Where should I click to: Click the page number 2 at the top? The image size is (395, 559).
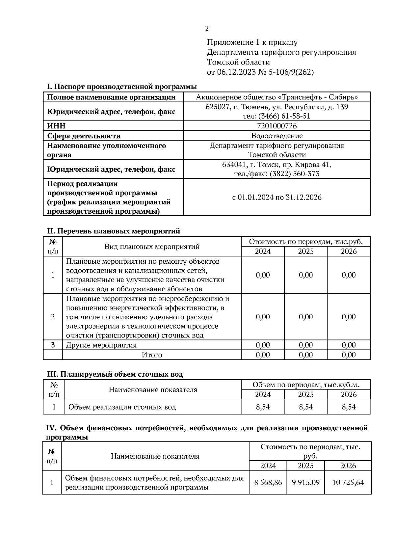click(x=207, y=29)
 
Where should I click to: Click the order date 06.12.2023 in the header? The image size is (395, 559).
click(x=236, y=72)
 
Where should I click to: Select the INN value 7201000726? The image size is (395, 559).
click(x=276, y=126)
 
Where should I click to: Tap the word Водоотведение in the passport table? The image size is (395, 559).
click(x=276, y=136)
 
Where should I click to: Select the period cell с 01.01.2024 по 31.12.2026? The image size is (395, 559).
click(x=276, y=197)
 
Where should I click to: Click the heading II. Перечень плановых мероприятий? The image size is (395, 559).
click(x=114, y=231)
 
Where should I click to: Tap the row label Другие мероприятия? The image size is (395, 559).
click(x=101, y=345)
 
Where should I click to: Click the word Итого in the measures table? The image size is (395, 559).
click(x=152, y=355)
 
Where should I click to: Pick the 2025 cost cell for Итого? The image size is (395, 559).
click(x=305, y=355)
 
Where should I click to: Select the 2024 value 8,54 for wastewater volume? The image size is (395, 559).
click(x=263, y=407)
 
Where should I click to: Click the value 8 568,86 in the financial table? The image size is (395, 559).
click(x=268, y=483)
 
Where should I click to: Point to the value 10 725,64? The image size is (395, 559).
click(x=348, y=483)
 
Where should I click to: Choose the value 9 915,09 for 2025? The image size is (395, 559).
click(x=305, y=483)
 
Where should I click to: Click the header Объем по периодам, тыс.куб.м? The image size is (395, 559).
click(x=305, y=385)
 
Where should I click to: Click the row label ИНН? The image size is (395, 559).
click(x=56, y=126)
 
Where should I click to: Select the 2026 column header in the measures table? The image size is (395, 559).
click(x=348, y=252)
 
